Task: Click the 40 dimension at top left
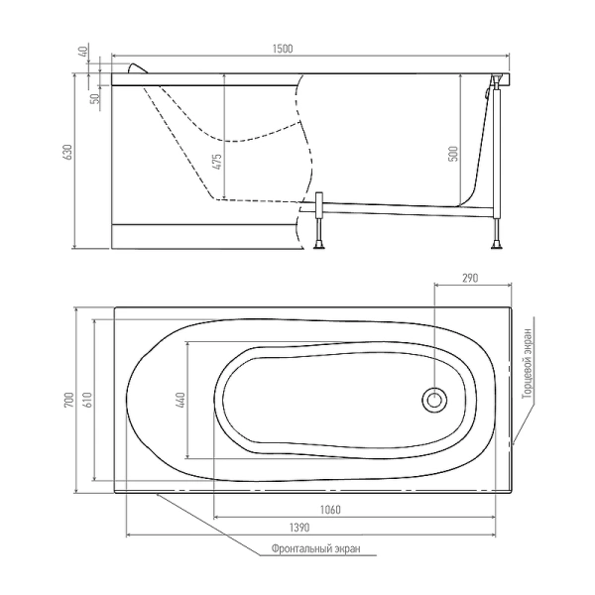click(86, 53)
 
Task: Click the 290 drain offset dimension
click(471, 280)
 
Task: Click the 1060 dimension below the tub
click(331, 511)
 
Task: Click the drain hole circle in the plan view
click(434, 400)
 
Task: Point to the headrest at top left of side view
click(139, 70)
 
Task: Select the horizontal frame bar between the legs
click(407, 209)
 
